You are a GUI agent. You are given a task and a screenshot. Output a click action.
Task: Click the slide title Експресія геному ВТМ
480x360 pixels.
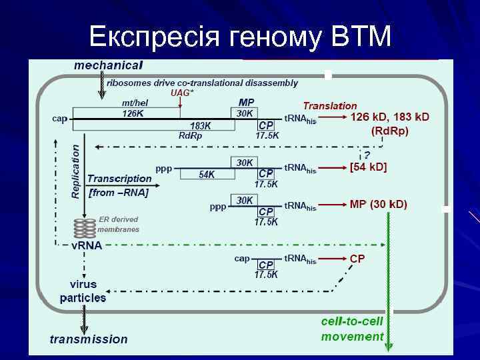240,37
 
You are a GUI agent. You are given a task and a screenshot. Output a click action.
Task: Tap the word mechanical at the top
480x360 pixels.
108,65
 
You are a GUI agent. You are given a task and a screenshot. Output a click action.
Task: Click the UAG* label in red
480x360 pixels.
182,93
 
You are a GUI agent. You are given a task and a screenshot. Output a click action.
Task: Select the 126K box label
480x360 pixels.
133,114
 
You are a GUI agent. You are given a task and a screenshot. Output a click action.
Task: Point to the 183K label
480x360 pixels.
201,125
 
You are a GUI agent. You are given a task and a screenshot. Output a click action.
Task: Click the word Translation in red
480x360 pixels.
330,105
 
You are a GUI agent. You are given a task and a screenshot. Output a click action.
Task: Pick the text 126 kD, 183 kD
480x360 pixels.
390,117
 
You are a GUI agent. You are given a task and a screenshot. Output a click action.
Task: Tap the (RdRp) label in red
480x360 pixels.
390,131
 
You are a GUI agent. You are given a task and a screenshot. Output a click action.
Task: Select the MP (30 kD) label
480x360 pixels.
379,204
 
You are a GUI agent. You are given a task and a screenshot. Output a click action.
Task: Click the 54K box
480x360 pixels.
207,175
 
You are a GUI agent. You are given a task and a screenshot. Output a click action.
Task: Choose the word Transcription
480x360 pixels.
119,179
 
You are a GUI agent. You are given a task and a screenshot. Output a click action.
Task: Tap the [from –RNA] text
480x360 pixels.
119,193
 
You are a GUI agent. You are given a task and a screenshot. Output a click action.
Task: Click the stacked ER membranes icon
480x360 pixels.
85,228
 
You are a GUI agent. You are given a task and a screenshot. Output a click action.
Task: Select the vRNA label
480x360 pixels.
87,245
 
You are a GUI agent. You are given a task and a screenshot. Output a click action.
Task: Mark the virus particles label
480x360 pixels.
83,291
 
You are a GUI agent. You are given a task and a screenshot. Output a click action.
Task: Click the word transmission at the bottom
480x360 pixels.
89,339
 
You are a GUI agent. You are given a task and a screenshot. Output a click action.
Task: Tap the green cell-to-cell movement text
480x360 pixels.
352,329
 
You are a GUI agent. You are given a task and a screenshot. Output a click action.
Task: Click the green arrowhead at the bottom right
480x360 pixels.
389,346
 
